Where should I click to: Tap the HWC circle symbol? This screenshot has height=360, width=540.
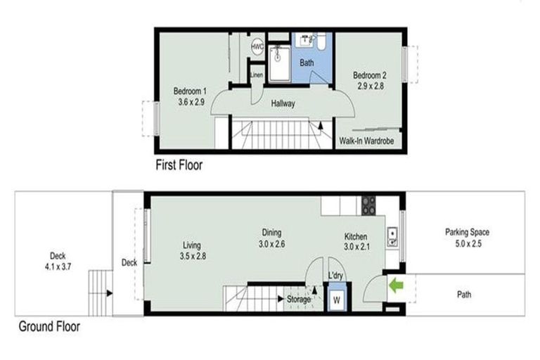click(x=257, y=46)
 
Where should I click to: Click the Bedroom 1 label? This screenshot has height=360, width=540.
click(x=190, y=91)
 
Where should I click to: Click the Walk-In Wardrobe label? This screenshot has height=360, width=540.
click(x=367, y=141)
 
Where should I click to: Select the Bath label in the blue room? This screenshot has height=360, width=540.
click(x=307, y=63)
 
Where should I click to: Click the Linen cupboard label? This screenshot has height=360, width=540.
click(x=257, y=75)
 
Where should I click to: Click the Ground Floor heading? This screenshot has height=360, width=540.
click(x=49, y=326)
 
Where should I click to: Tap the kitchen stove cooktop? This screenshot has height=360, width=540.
click(x=368, y=205)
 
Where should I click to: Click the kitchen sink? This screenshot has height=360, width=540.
click(x=392, y=236)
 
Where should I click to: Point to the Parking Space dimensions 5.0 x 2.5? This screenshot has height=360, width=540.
click(x=466, y=244)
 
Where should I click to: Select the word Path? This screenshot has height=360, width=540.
click(x=463, y=295)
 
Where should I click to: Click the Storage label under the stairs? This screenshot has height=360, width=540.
click(x=298, y=300)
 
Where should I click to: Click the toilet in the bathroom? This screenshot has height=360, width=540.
click(x=320, y=44)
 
